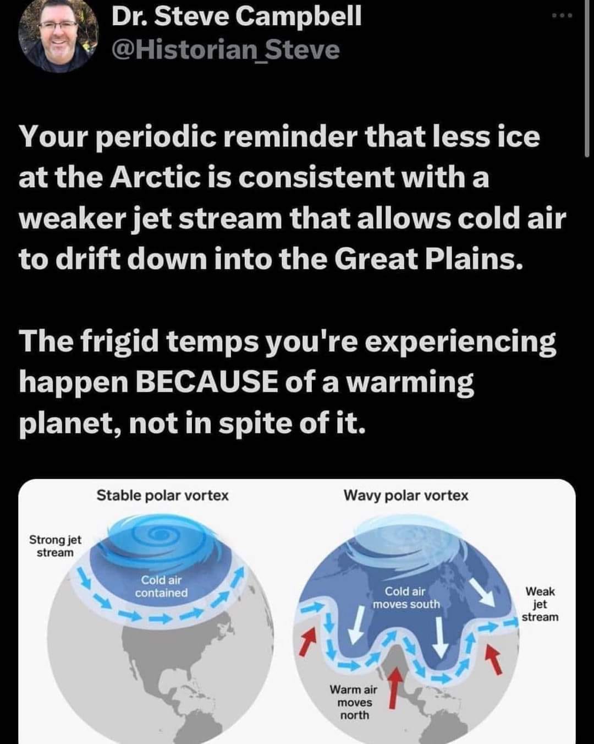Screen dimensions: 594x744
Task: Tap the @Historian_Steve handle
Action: (x=226, y=50)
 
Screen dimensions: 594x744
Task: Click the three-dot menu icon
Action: (x=563, y=15)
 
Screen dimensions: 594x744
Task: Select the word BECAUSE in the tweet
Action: (x=206, y=382)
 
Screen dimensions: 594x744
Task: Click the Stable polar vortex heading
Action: (x=163, y=496)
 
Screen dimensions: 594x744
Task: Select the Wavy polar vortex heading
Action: (x=406, y=496)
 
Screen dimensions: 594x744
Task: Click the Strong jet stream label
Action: (x=55, y=546)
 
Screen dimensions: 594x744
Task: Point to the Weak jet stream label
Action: (x=540, y=604)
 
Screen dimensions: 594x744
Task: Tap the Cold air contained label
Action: (x=161, y=586)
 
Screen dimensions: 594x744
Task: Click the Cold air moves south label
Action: (x=406, y=598)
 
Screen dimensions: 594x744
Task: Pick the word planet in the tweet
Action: (x=67, y=425)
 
